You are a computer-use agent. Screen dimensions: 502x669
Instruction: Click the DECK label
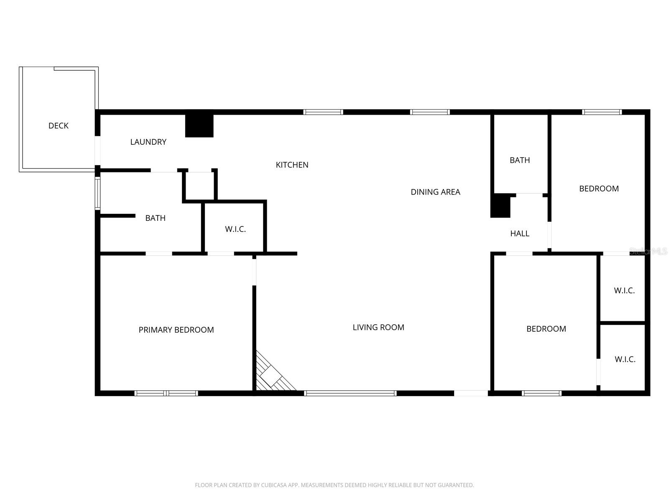59,125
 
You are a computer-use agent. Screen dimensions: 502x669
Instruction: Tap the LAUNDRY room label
148,142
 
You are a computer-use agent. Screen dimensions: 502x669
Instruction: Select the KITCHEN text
292,165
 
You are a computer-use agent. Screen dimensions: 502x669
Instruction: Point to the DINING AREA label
435,192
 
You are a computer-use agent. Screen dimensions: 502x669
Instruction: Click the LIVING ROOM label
378,327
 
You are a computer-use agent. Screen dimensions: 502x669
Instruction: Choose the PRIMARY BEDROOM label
176,330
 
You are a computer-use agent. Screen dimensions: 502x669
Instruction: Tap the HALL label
520,233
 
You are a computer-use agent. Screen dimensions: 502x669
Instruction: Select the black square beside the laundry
199,125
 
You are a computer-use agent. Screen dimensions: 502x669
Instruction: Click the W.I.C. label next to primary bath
235,229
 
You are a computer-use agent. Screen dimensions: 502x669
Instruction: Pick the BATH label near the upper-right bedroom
520,160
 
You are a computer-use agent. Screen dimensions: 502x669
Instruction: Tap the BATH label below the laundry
155,218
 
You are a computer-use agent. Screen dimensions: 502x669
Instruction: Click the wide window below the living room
350,393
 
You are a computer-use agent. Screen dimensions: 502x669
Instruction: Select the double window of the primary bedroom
166,393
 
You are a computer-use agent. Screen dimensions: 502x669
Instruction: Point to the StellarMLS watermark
648,251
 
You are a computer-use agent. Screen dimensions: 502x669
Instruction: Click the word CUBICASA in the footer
273,485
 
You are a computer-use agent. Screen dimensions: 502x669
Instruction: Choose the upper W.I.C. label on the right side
624,290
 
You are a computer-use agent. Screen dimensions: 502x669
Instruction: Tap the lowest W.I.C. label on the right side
625,359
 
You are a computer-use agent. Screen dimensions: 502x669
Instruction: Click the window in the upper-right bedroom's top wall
602,112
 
